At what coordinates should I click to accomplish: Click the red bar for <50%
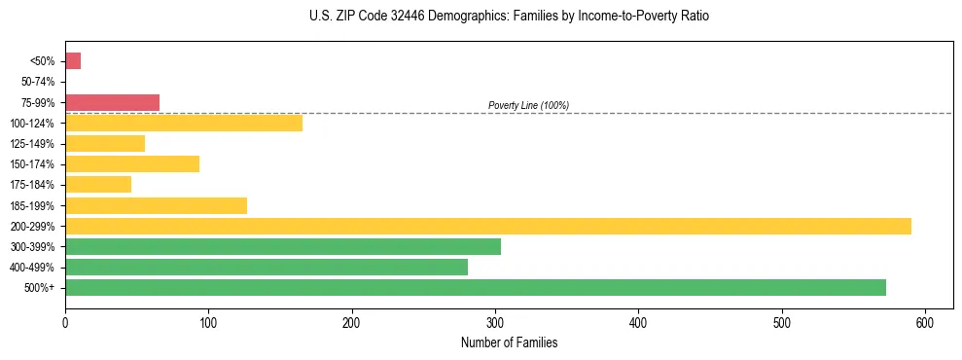tap(73, 61)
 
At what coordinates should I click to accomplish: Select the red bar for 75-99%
tap(112, 102)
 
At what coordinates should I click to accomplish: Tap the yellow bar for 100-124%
tap(184, 123)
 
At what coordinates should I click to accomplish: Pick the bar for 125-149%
tap(105, 144)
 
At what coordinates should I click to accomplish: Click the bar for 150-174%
tap(132, 164)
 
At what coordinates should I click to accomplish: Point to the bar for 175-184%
tap(98, 185)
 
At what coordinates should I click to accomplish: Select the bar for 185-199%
tap(156, 205)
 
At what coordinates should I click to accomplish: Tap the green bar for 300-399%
tap(283, 246)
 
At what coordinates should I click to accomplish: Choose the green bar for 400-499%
tap(267, 267)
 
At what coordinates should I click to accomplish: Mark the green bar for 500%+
tap(476, 287)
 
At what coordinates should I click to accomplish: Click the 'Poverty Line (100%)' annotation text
tap(528, 105)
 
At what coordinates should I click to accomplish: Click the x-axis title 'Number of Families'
tap(509, 343)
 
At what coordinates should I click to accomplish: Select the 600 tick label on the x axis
tap(925, 323)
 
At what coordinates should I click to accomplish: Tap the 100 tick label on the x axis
tap(208, 323)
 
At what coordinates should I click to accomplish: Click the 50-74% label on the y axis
tap(39, 82)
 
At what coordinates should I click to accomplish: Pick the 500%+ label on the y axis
tap(42, 288)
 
